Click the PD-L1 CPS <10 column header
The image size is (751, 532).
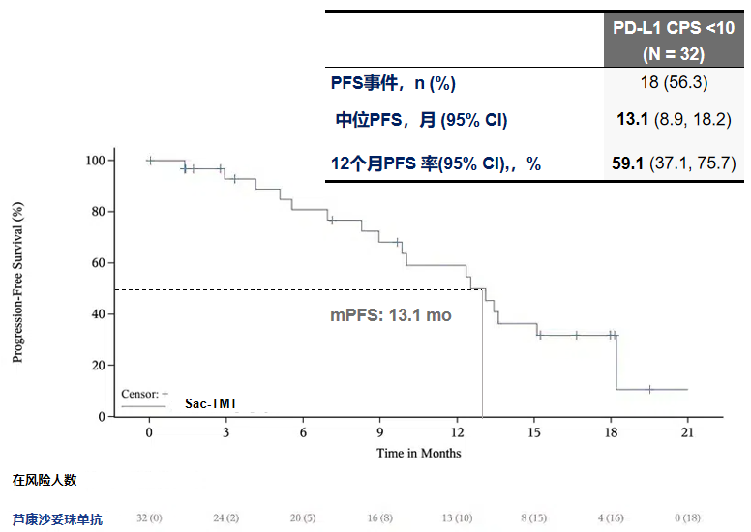pyautogui.click(x=674, y=40)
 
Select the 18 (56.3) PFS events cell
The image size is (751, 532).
pyautogui.click(x=674, y=84)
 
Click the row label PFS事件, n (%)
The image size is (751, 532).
pyautogui.click(x=393, y=84)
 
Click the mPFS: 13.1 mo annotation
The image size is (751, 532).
pyautogui.click(x=391, y=315)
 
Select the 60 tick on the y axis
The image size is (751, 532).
pyautogui.click(x=97, y=263)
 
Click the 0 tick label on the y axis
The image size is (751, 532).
pyautogui.click(x=101, y=417)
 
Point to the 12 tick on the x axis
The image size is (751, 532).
pyautogui.click(x=456, y=433)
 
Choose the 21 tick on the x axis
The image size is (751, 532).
pyautogui.click(x=687, y=433)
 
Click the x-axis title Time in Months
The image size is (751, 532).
pyautogui.click(x=419, y=453)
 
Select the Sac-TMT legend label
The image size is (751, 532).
pyautogui.click(x=211, y=401)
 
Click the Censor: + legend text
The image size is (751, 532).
pyautogui.click(x=145, y=394)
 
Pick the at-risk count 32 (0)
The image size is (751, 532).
pyautogui.click(x=149, y=519)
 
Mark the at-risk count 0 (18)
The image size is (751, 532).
pyautogui.click(x=687, y=519)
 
